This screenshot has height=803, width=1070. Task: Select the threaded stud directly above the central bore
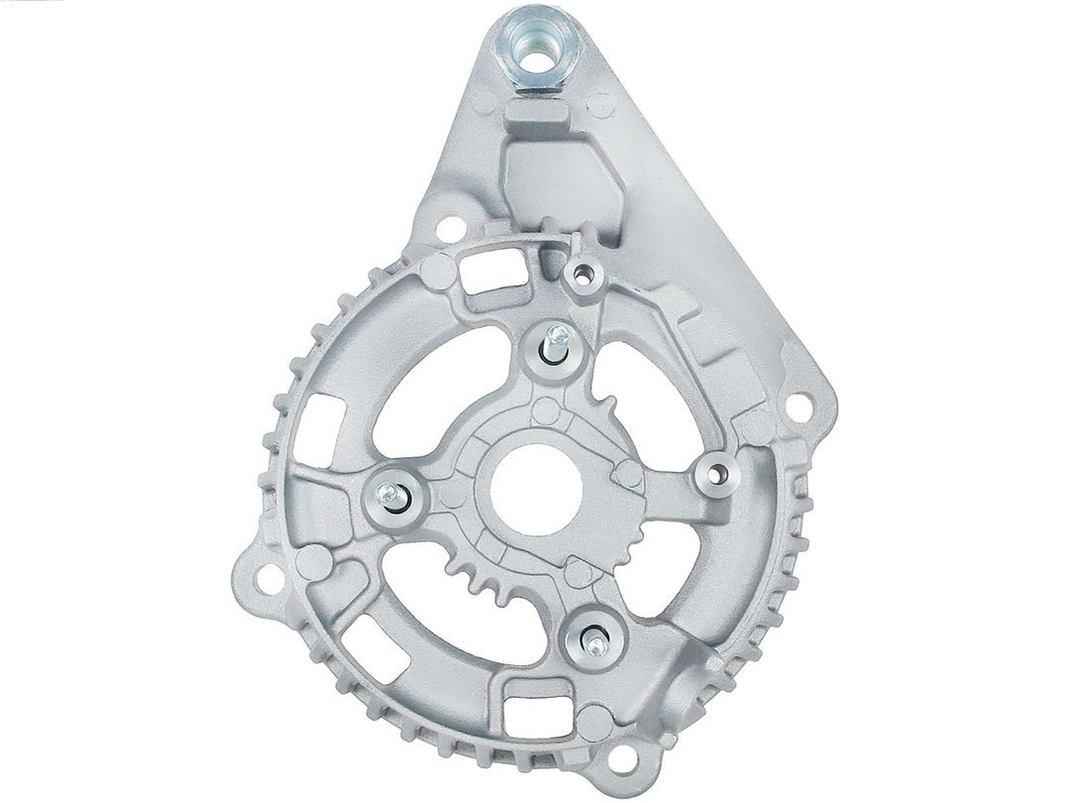click(558, 342)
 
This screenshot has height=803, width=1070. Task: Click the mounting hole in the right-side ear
click(798, 404)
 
